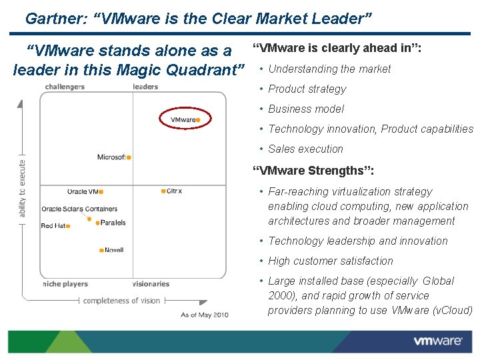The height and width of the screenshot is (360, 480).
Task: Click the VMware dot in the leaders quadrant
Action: [x=198, y=120]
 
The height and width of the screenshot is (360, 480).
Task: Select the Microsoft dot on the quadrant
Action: [x=129, y=157]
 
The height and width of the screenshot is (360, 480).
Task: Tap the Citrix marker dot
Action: [x=163, y=191]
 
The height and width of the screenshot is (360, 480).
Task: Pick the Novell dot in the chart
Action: [x=102, y=251]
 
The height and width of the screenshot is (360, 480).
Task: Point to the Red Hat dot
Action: [x=68, y=226]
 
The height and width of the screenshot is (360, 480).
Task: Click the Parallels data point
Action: [x=97, y=223]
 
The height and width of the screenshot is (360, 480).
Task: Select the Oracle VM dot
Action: [x=101, y=192]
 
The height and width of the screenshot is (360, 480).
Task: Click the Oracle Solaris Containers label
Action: [x=79, y=209]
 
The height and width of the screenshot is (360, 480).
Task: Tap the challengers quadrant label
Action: [x=65, y=87]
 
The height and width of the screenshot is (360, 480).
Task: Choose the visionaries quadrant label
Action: [x=151, y=284]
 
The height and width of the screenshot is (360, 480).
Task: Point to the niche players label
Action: [x=65, y=284]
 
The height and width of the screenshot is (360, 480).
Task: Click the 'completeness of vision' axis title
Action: [x=121, y=301]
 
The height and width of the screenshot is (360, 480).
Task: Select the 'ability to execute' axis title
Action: [x=23, y=188]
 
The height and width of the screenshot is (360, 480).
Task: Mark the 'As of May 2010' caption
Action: [x=205, y=315]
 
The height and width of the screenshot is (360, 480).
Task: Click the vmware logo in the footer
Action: [x=437, y=341]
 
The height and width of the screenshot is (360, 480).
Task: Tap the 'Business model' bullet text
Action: [x=306, y=109]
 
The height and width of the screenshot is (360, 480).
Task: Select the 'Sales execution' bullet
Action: [x=305, y=149]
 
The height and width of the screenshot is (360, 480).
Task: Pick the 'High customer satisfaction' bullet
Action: [x=331, y=261]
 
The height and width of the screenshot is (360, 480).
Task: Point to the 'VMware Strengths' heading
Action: [x=313, y=171]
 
